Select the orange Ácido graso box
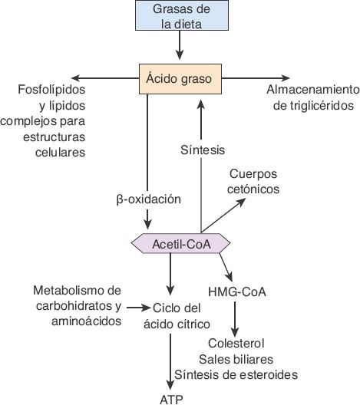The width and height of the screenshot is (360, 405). coord(180,78)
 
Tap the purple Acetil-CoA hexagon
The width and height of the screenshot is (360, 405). coord(181,245)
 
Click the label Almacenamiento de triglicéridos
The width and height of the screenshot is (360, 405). coord(312,97)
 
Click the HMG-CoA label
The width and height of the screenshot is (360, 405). coord(236,292)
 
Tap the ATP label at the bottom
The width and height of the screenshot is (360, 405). coord(172,398)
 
